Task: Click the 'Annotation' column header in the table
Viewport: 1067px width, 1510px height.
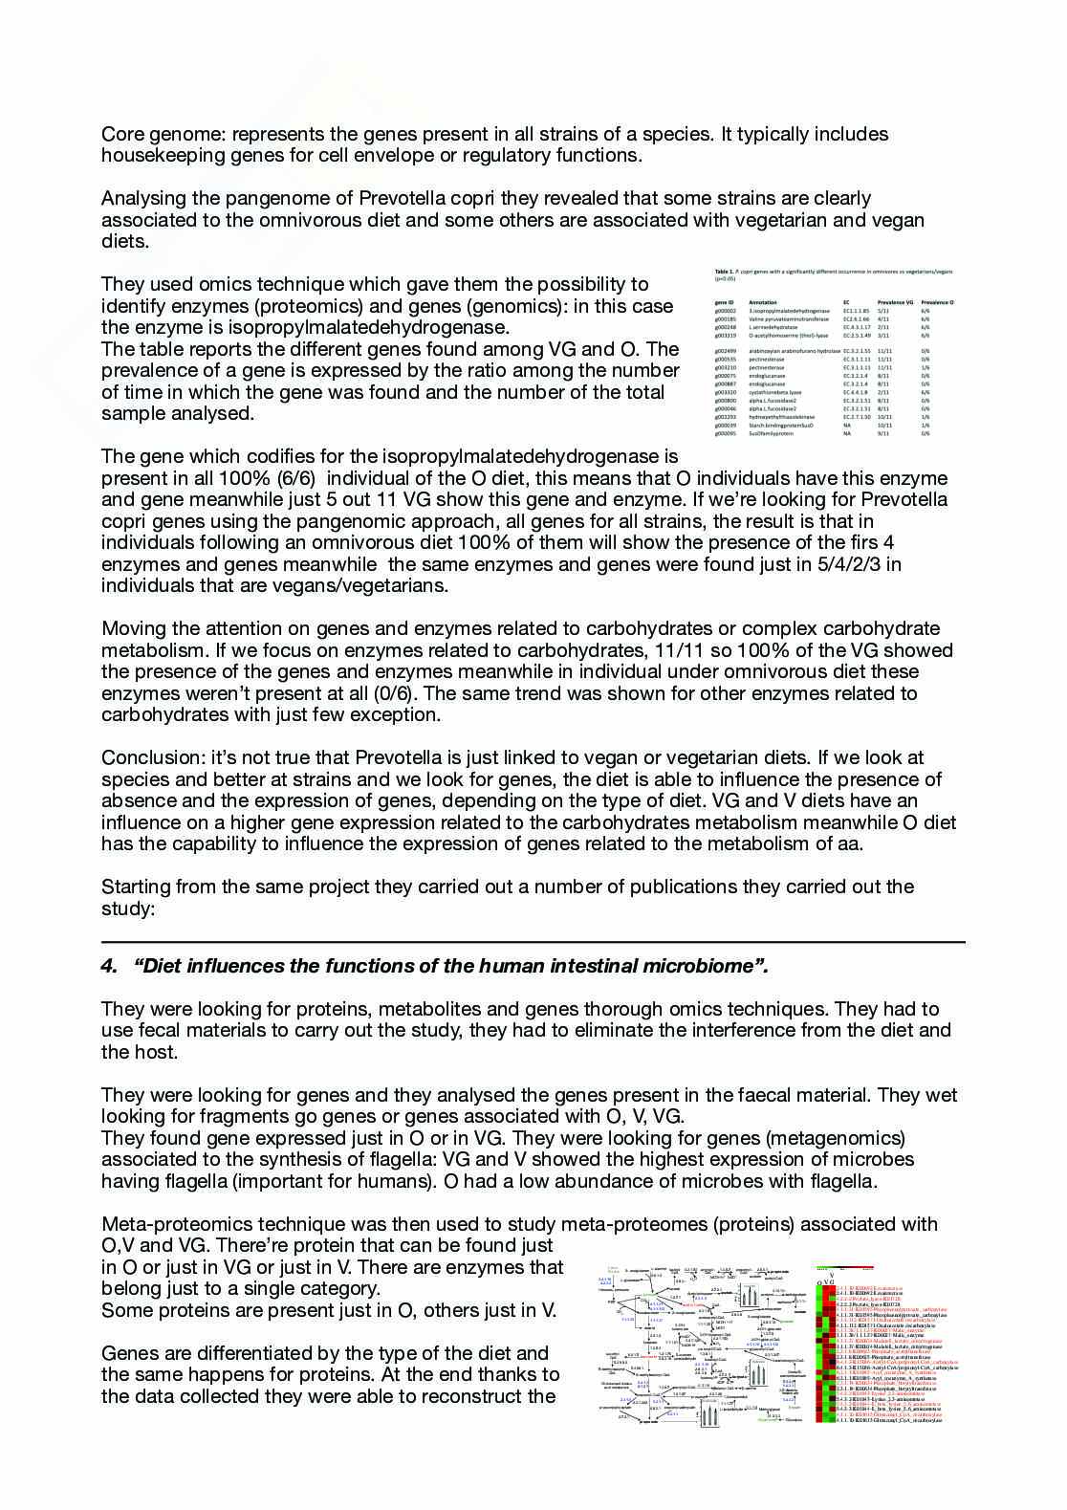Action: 763,302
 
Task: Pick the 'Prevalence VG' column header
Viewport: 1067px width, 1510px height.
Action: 894,302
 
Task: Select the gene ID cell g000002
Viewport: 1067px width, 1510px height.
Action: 726,311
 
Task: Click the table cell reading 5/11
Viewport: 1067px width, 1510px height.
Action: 884,311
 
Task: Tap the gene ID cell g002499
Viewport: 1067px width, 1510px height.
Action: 726,352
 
